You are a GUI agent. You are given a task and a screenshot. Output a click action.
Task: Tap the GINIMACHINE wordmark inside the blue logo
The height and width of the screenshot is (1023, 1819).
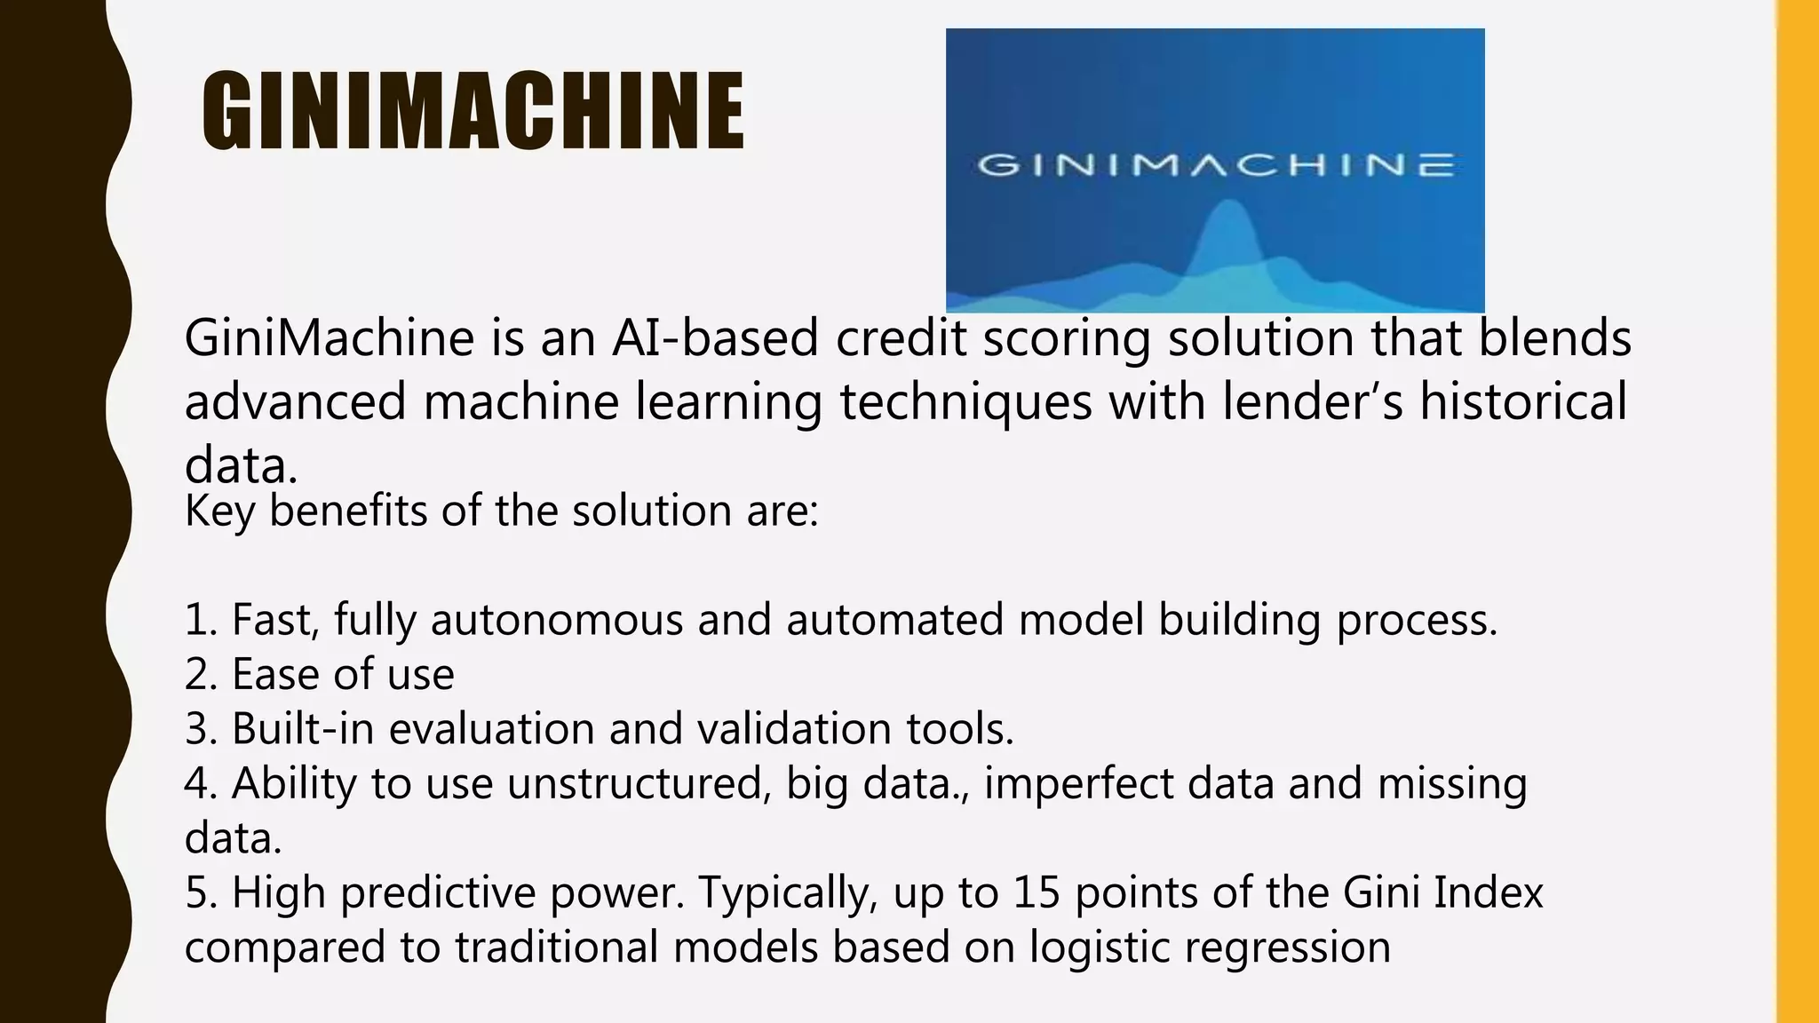pyautogui.click(x=1215, y=165)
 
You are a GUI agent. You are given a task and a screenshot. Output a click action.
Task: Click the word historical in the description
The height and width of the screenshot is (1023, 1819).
pyautogui.click(x=1523, y=401)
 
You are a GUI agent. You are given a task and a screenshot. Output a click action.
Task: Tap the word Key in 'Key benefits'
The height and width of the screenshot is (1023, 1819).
pyautogui.click(x=218, y=511)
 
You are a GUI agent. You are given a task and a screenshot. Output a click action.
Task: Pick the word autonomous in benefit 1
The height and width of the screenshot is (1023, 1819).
pyautogui.click(x=556, y=619)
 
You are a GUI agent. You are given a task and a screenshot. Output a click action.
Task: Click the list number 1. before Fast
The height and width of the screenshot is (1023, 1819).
pyautogui.click(x=201, y=619)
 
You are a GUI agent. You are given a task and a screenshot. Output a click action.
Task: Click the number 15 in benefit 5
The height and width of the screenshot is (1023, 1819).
pyautogui.click(x=1037, y=892)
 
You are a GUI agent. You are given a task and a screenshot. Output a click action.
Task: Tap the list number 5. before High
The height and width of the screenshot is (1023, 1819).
pyautogui.click(x=202, y=892)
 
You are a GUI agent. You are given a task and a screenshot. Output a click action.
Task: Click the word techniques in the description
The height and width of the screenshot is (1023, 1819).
pyautogui.click(x=965, y=401)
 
